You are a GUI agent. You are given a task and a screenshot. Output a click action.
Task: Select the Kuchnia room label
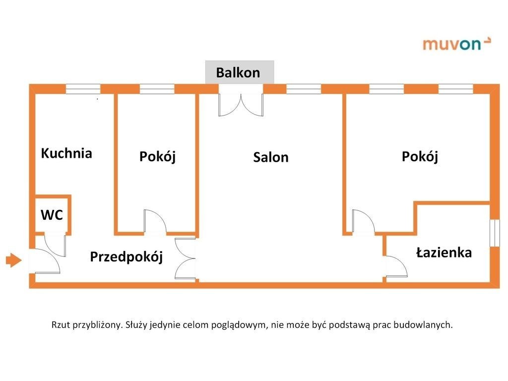pos(66,153)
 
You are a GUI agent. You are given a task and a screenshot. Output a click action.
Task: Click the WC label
pos(52,215)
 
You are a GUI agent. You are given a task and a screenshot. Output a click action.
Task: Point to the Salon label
pos(270,157)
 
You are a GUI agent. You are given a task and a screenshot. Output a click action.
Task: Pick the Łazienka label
pos(444,253)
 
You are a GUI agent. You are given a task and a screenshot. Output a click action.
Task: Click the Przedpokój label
pos(127,257)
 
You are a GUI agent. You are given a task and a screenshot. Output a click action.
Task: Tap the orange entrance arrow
pos(14,259)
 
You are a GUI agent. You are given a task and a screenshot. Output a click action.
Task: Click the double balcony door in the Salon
pos(241,104)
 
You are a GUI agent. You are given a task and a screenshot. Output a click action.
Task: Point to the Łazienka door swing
pos(396,266)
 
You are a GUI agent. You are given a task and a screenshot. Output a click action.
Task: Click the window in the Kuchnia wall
pos(83,89)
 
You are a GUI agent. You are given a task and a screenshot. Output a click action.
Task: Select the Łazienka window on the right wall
pos(494,232)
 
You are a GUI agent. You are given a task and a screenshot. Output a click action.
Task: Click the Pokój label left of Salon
pos(157,157)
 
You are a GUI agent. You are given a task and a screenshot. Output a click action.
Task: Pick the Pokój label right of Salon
pos(420,157)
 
